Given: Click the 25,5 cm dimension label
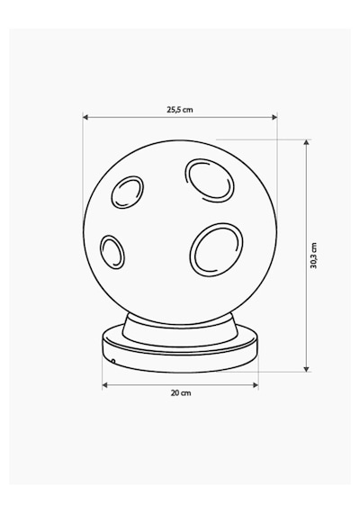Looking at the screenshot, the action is point(180,110).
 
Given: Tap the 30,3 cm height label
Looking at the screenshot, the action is point(313,256).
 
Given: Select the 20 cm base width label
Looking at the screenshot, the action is point(181,393).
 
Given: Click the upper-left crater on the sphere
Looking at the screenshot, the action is point(127,192).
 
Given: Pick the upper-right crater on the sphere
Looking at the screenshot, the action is point(210,180).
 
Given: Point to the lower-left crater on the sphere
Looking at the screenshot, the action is point(112,252).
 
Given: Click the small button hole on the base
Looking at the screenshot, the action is point(113,362).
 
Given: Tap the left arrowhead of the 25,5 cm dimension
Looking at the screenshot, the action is point(85,117).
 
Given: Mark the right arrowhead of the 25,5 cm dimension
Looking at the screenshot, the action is point(274,117).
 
